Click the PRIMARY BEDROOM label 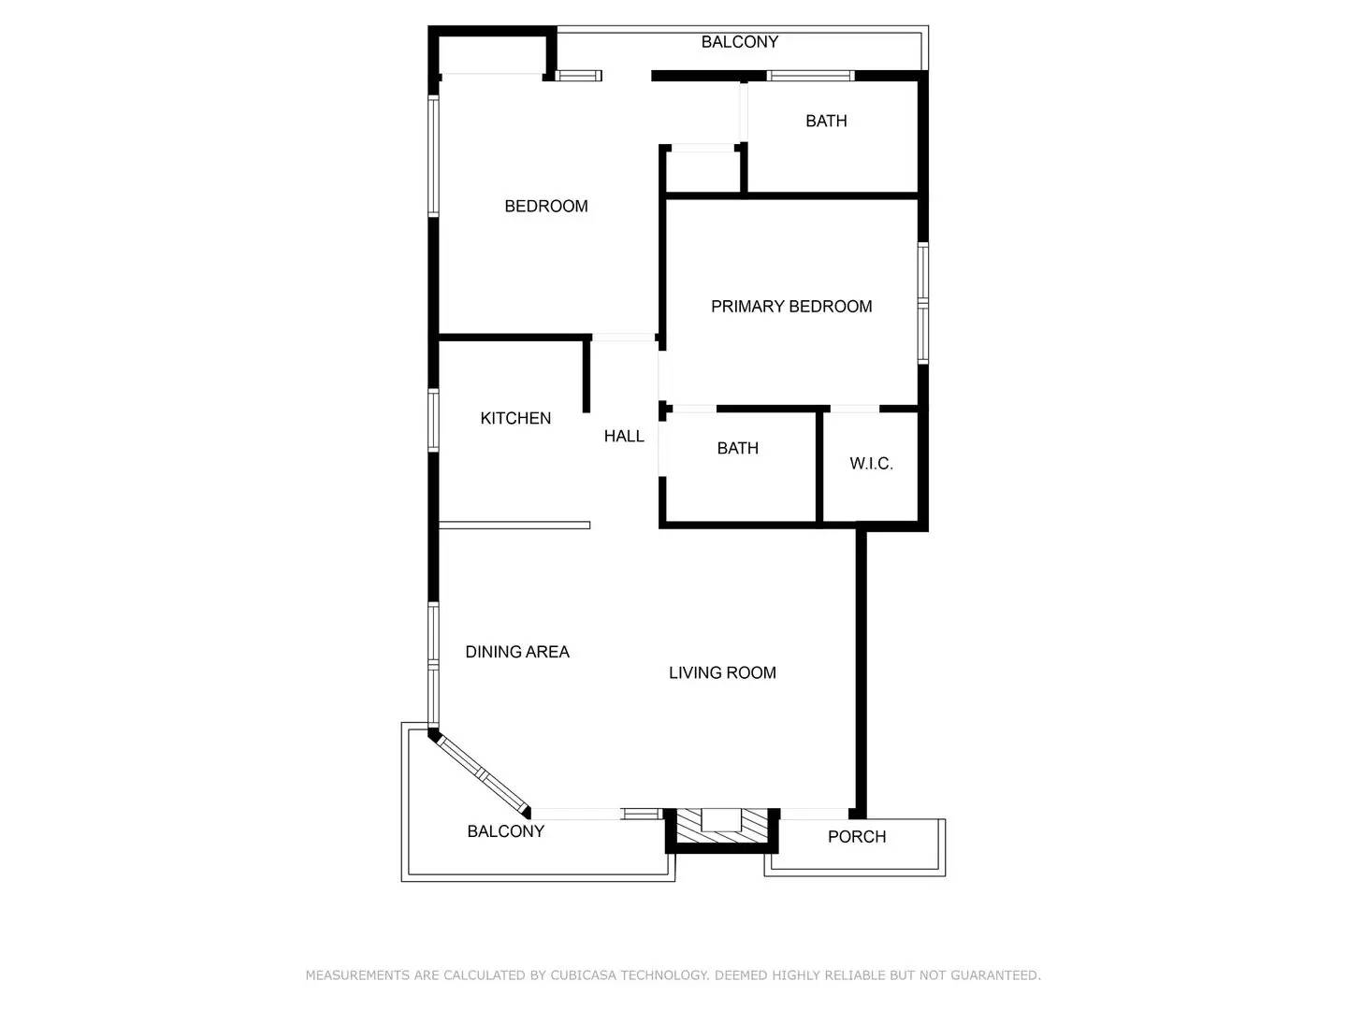pos(791,307)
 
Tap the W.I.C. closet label pos(871,464)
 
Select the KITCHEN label pos(515,418)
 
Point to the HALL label pos(624,436)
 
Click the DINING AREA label pos(517,652)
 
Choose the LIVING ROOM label pos(722,672)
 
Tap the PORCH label pos(856,837)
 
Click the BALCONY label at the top pos(739,42)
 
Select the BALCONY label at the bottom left pos(505,831)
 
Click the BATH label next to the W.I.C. pos(737,449)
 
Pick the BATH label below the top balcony pos(826,121)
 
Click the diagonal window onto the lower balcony pos(482,773)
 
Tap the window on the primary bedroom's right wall pos(922,302)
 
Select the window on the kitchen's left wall pos(433,420)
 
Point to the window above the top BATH pos(810,76)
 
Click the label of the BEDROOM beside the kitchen pos(546,207)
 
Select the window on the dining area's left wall pos(433,664)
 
